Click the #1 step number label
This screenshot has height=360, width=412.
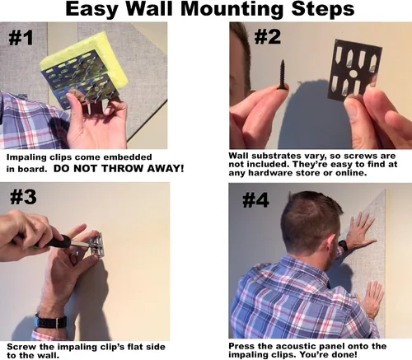21,38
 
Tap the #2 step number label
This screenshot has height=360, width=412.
268,36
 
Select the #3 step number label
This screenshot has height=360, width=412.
23,197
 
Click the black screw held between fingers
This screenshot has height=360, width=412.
282,74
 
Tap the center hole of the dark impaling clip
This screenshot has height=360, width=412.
353,73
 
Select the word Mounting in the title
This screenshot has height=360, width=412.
232,9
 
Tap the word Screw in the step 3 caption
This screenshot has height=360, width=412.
17,347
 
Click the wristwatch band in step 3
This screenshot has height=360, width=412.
51,321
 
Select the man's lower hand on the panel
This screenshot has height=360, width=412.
370,298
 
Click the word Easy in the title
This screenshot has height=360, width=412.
91,10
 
